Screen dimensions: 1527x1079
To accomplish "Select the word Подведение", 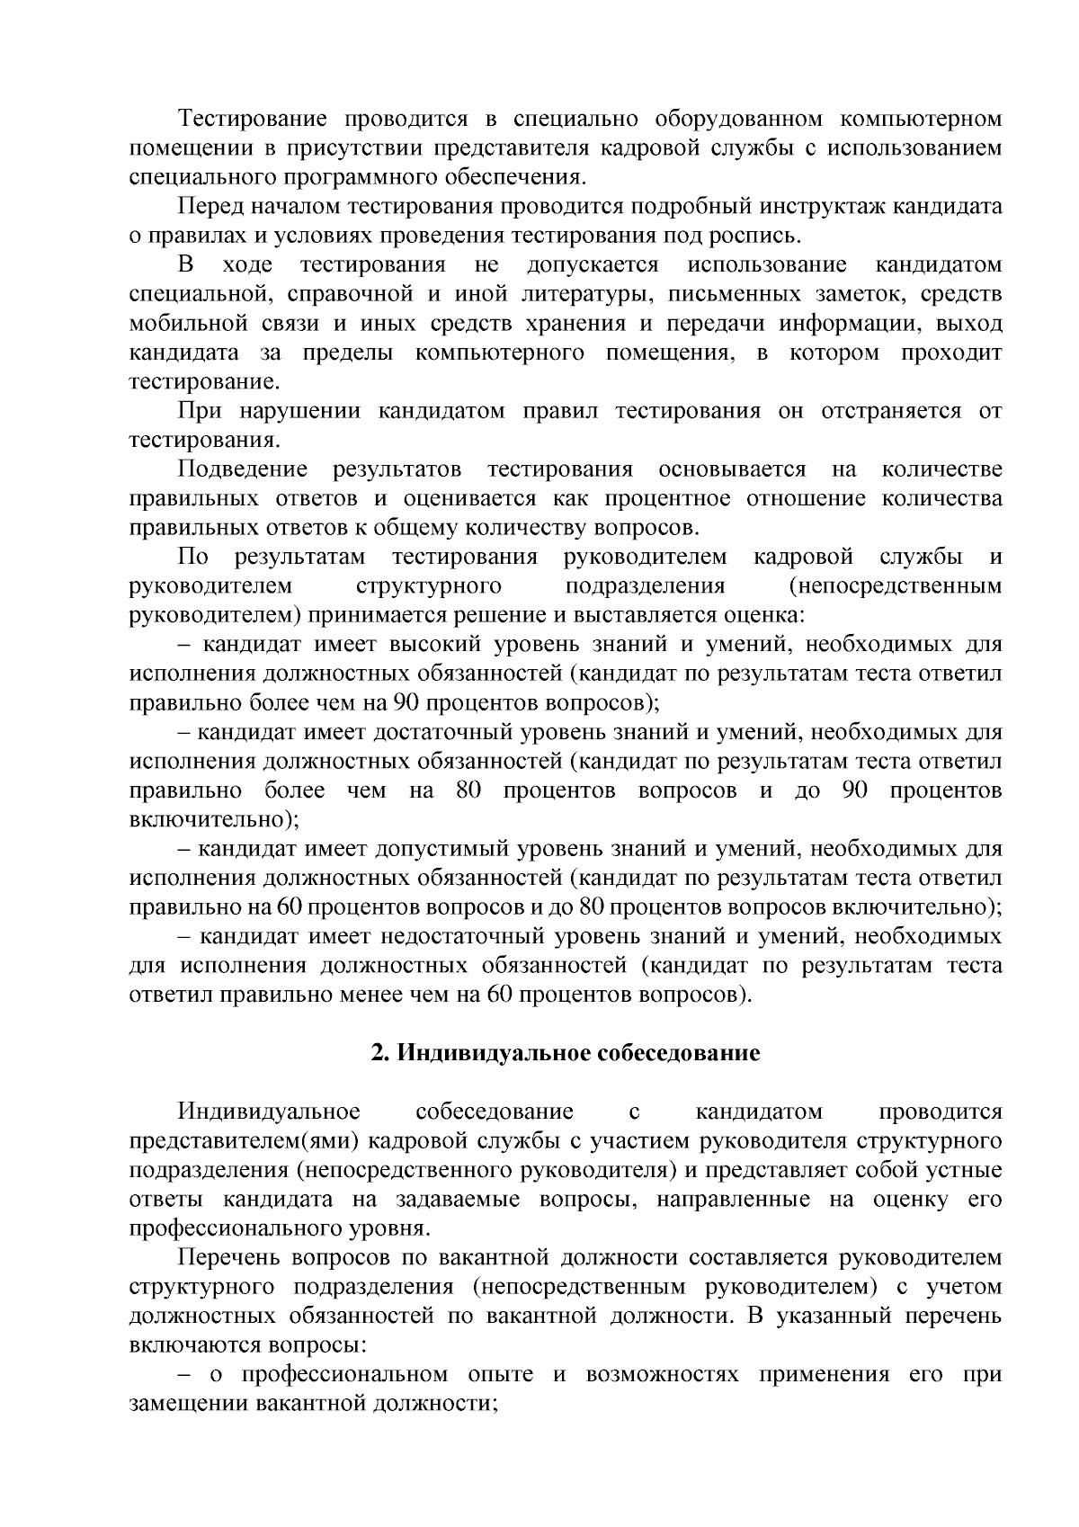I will point(243,469).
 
